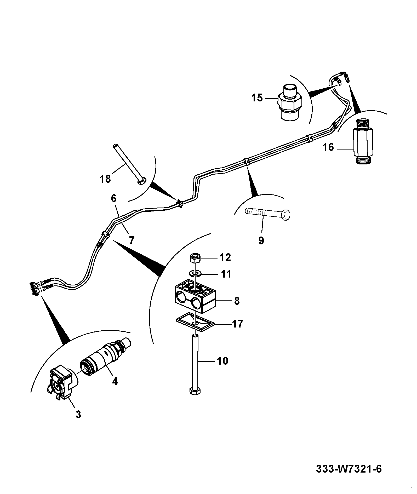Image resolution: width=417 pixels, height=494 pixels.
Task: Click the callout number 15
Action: (x=257, y=98)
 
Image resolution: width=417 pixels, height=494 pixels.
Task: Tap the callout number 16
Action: (x=328, y=147)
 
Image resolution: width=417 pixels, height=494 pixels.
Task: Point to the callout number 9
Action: (x=261, y=240)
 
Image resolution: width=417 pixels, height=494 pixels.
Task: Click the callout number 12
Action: (x=225, y=257)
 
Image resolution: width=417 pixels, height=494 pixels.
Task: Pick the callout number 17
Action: (x=237, y=324)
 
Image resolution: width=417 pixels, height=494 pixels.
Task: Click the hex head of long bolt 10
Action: (x=195, y=398)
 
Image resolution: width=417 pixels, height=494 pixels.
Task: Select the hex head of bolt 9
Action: (x=286, y=214)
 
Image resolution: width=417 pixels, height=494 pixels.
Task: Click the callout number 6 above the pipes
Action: (x=113, y=198)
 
